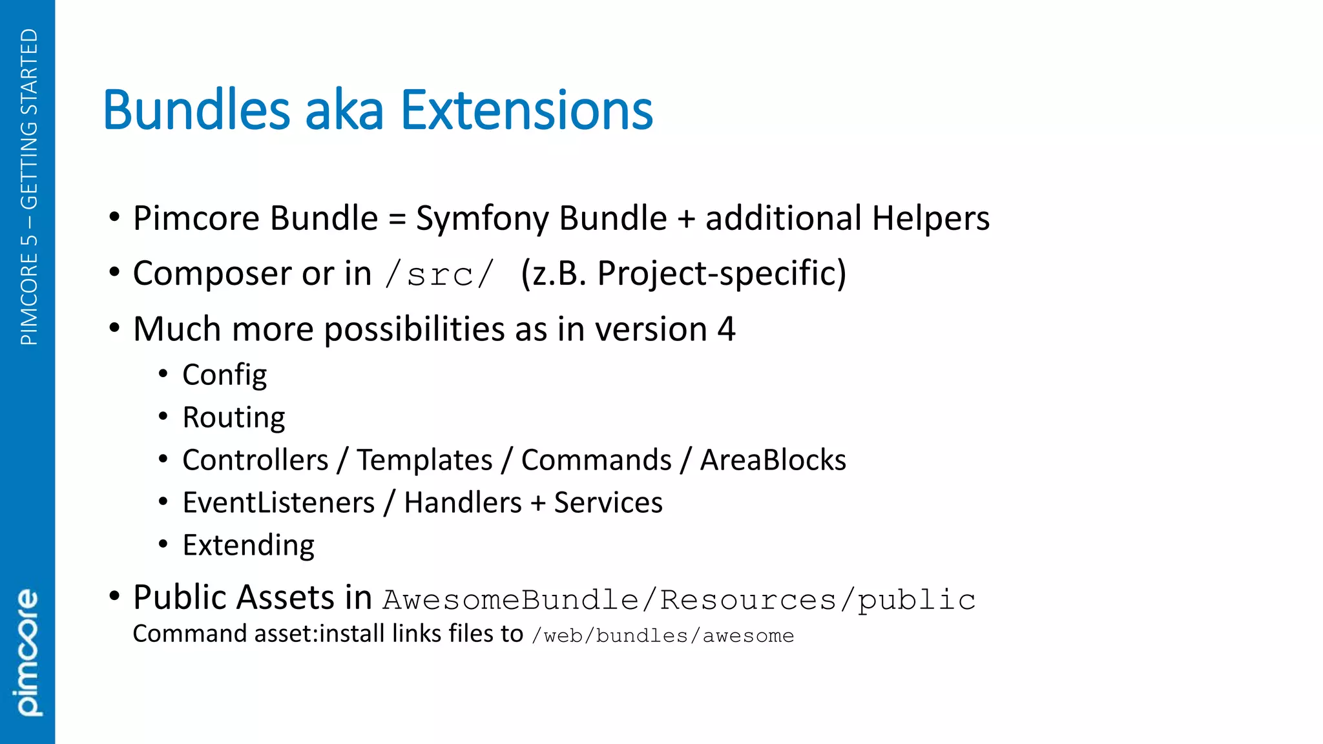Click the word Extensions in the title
[x=526, y=110]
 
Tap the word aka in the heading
[x=344, y=110]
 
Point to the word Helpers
[x=930, y=218]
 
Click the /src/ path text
[x=439, y=274]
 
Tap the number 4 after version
[x=726, y=329]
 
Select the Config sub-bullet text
[x=224, y=375]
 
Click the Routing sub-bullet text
[x=233, y=418]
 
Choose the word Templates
[x=424, y=460]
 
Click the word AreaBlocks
[x=773, y=460]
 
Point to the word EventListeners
[x=278, y=503]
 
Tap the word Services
[x=608, y=503]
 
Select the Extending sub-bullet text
[x=248, y=546]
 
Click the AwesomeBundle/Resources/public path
[x=679, y=600]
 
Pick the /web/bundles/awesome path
[x=663, y=636]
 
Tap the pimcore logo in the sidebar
[x=27, y=652]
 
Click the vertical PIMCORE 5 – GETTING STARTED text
[x=29, y=187]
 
